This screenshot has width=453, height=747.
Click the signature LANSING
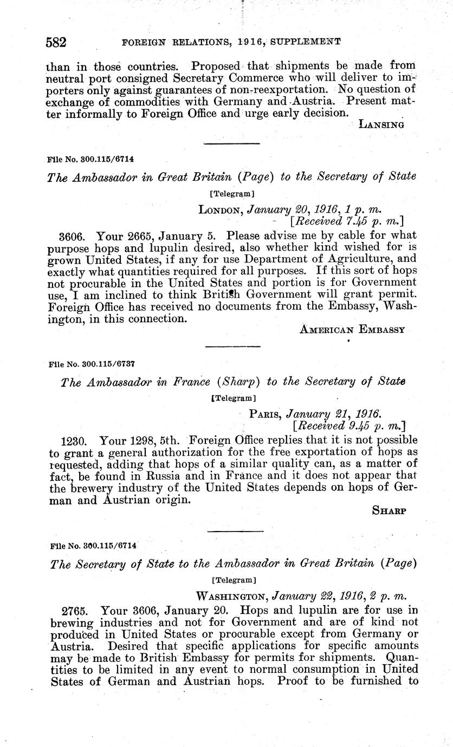click(x=382, y=124)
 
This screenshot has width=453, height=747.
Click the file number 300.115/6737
click(x=92, y=364)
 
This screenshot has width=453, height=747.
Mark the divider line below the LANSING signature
click(x=231, y=143)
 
